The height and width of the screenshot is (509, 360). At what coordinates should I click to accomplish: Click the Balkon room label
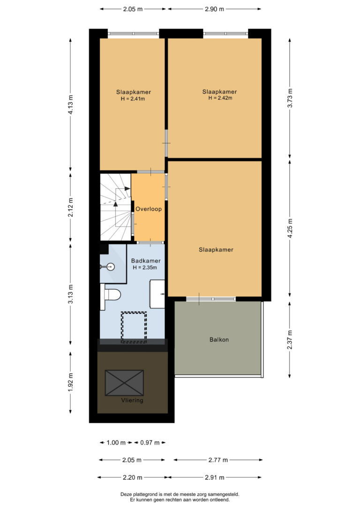[219, 339]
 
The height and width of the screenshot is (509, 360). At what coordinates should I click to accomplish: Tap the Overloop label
[149, 209]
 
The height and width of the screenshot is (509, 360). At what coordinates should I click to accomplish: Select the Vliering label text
[132, 400]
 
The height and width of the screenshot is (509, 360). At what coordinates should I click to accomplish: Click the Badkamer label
[146, 261]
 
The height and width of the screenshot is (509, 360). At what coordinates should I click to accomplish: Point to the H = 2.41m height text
[133, 99]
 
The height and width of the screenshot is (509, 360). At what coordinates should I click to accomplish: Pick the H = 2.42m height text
[220, 97]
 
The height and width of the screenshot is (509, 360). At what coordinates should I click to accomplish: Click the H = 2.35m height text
[145, 268]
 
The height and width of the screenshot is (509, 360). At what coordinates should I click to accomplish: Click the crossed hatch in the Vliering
[124, 383]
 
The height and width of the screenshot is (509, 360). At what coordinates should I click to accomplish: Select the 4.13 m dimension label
[70, 105]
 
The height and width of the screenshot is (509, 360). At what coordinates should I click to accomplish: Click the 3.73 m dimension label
[290, 98]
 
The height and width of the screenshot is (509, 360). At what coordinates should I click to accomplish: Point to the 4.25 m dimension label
[290, 228]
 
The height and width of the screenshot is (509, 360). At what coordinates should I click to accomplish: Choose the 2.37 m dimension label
[290, 339]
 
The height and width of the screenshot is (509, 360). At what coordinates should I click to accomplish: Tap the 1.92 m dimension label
[70, 382]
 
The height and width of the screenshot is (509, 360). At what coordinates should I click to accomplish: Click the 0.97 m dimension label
[150, 442]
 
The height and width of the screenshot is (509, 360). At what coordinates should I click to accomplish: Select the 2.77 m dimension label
[218, 460]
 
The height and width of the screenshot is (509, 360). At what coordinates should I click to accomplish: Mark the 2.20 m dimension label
[133, 477]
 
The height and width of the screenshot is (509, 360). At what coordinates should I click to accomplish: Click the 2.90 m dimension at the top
[214, 9]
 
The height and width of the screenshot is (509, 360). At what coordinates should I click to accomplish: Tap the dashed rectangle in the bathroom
[134, 327]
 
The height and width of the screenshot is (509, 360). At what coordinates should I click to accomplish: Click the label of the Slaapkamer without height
[216, 250]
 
